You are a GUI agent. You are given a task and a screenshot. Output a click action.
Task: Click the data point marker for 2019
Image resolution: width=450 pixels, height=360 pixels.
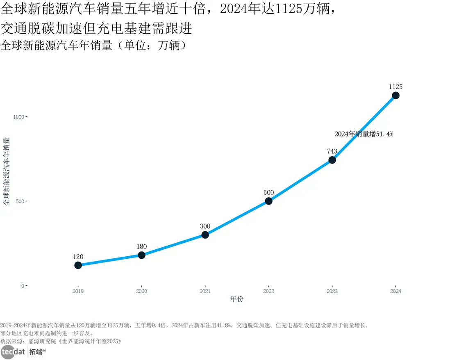(78, 265)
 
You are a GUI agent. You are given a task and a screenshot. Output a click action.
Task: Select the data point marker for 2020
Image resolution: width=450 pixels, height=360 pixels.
(141, 255)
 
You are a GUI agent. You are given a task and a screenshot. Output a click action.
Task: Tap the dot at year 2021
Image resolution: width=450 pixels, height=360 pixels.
(205, 235)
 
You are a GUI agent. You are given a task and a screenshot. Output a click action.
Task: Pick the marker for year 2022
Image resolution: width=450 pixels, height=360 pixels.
(268, 201)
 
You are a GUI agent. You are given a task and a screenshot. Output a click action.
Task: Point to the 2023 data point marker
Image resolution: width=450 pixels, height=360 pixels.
(332, 160)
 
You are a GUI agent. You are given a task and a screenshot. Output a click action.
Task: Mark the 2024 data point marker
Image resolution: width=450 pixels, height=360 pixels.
(395, 96)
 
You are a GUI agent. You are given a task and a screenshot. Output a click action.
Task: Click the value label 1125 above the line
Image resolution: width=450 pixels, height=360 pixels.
(395, 87)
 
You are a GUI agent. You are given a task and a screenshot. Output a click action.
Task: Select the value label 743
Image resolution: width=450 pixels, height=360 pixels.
(332, 151)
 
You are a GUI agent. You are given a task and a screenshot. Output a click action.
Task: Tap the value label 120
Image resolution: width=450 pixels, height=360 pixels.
(78, 257)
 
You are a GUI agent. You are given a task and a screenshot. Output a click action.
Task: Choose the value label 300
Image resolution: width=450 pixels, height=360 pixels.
(205, 226)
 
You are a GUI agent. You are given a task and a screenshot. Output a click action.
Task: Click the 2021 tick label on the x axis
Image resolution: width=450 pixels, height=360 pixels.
(205, 291)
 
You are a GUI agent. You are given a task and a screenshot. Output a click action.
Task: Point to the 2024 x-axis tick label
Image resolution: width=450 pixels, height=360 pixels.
(395, 291)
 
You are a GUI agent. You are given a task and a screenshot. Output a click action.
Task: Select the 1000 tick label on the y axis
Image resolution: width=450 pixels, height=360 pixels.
(19, 117)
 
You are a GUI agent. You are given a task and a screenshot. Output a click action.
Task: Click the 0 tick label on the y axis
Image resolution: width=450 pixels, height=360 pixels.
(23, 286)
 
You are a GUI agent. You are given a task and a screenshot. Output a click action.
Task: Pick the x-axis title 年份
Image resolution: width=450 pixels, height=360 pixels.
(236, 299)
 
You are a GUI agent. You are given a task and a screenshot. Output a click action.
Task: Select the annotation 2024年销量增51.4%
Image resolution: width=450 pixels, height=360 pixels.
(364, 134)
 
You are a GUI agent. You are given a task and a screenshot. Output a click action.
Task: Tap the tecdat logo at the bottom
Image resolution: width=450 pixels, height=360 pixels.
(14, 351)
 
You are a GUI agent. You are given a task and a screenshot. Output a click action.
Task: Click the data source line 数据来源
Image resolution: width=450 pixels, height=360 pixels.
(61, 341)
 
